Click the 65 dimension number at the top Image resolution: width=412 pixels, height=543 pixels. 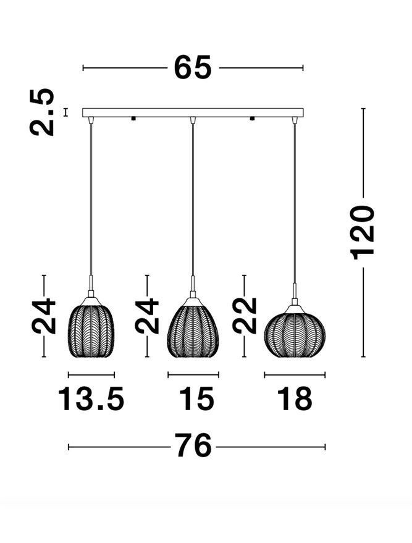193,67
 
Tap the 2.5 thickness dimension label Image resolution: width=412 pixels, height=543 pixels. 42,112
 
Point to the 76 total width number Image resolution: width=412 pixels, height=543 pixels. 193,446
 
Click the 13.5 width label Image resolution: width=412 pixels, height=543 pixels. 91,399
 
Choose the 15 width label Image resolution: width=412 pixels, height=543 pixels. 196,399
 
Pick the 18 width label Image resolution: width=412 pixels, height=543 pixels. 295,399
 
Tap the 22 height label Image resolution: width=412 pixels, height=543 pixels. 245,316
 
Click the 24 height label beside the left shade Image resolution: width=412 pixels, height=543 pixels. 44,316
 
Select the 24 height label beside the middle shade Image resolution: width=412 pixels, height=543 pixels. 147,316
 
